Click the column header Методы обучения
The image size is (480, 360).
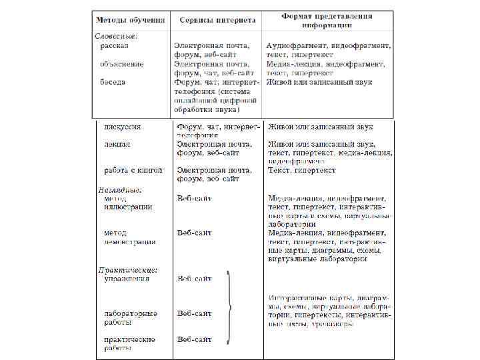(130, 19)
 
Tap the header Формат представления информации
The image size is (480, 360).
(327, 19)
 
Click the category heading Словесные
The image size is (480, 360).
(117, 35)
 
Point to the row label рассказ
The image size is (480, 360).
(115, 45)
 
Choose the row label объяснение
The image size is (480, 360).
(122, 64)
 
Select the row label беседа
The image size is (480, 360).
(113, 83)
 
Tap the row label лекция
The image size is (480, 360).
(117, 144)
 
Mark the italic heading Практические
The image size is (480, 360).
(127, 270)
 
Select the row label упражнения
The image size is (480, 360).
(127, 279)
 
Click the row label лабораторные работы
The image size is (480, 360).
(131, 317)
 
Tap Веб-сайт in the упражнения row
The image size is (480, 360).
(195, 279)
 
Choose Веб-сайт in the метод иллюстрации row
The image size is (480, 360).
(195, 198)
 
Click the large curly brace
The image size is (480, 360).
(229, 307)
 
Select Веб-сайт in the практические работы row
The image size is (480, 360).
(195, 339)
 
